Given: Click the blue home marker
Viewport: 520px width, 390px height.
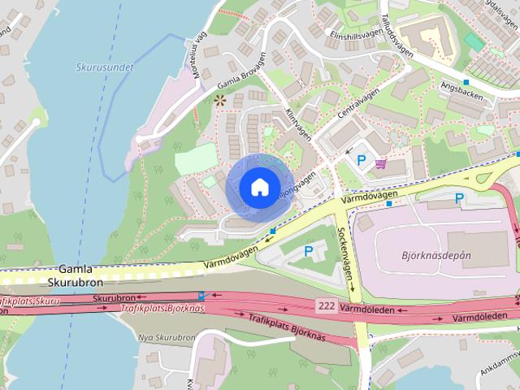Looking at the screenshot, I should click(258, 187).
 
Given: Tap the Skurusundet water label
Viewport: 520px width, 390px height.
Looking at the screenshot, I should click(103, 68).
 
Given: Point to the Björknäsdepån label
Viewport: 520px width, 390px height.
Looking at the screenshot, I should click(435, 255).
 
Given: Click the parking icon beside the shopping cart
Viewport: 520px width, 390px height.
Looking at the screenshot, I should click(362, 160).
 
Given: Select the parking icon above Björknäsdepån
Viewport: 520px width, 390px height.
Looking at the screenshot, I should click(459, 198).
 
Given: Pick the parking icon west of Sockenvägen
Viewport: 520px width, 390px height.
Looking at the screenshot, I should click(308, 252).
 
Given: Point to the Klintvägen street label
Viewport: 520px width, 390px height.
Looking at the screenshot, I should click(299, 126).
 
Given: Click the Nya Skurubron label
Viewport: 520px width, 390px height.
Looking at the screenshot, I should click(166, 336).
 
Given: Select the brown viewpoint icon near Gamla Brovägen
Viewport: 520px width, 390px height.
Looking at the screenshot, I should click(219, 101).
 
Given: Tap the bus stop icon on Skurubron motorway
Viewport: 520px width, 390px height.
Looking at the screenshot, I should click(201, 296).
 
